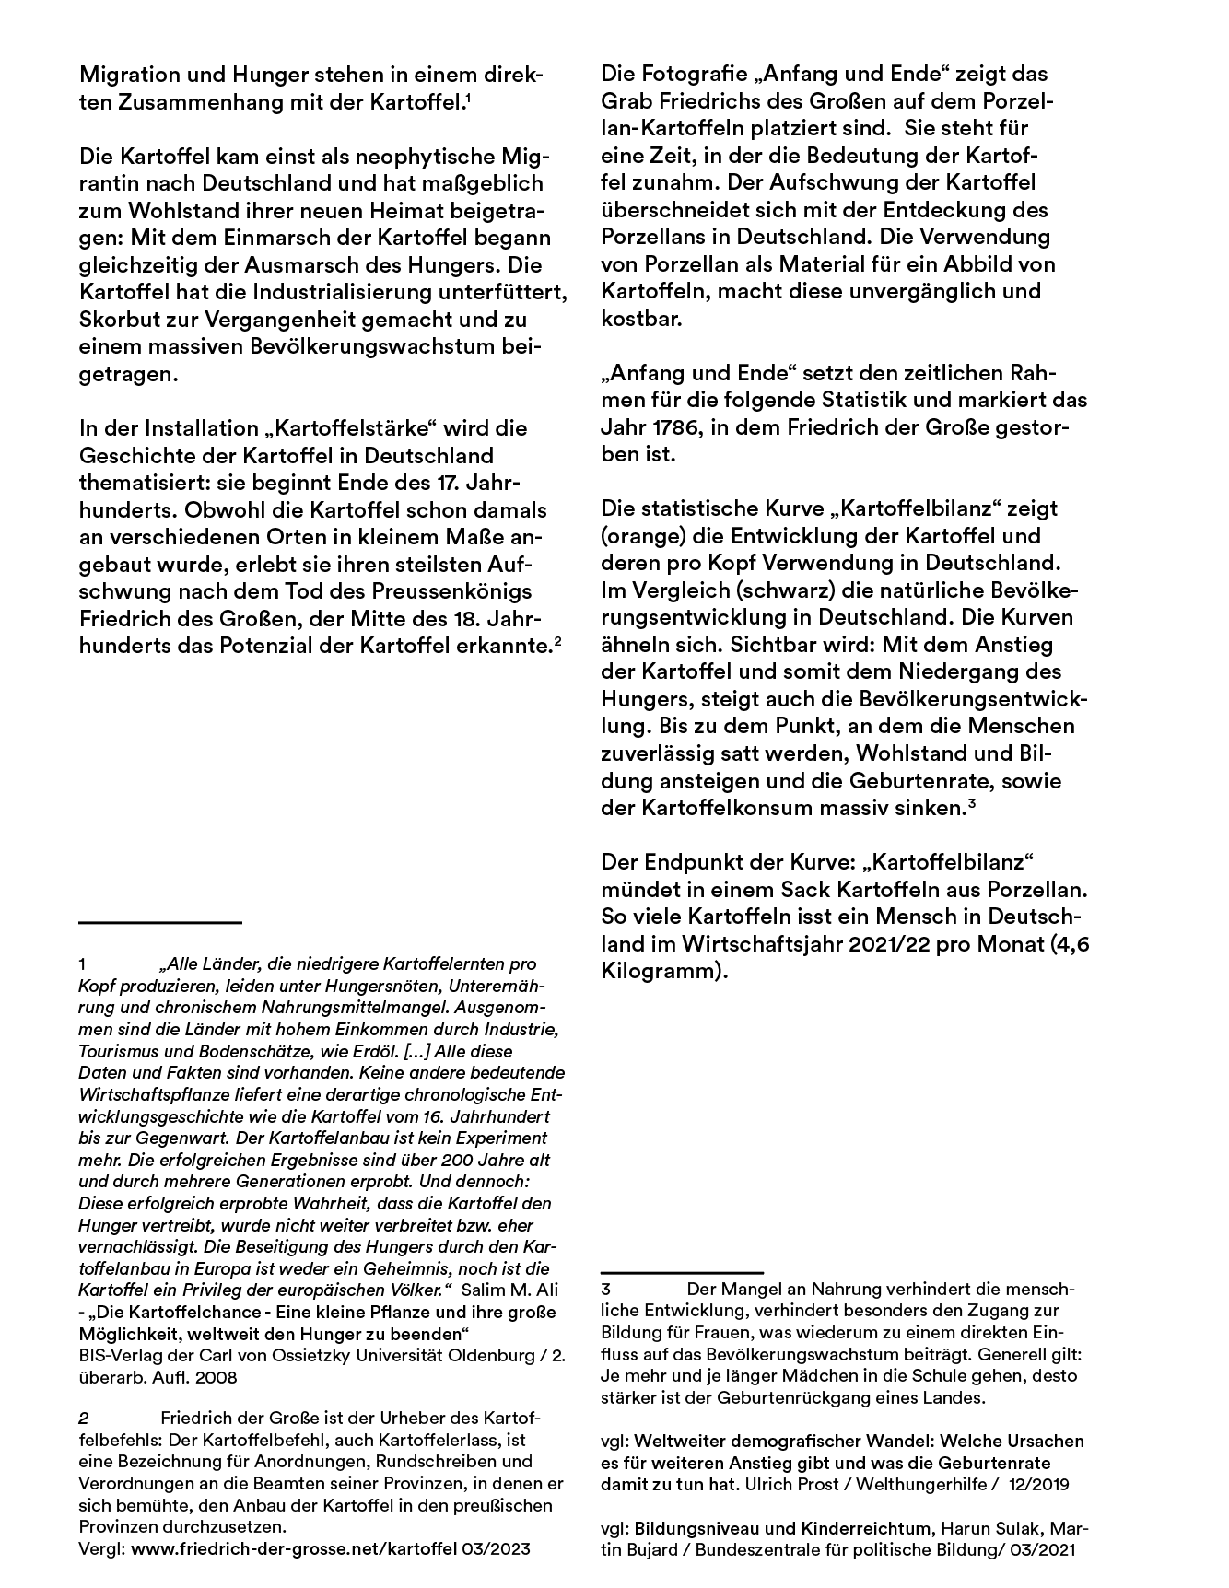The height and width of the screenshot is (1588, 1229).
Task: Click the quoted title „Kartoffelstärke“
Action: [x=339, y=428]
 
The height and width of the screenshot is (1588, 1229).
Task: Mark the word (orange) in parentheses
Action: [x=643, y=536]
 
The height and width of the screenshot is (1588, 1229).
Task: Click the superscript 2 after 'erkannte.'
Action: [x=557, y=640]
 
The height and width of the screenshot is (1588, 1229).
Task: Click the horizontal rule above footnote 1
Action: [x=160, y=921]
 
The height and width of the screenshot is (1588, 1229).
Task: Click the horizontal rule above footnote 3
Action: [x=682, y=1272]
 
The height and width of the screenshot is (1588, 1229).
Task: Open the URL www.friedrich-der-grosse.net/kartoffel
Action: [x=294, y=1549]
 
